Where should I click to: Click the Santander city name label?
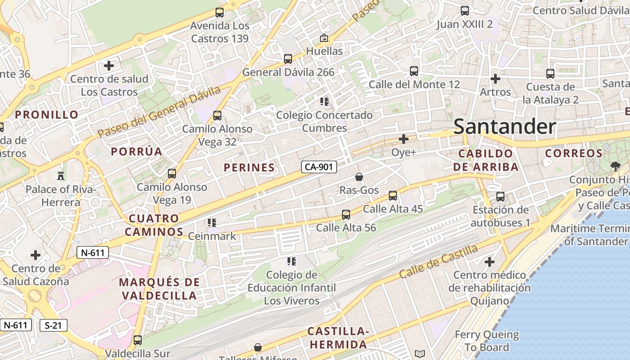pos(504,126)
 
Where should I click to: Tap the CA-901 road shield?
pos(319,167)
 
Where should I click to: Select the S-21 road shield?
pos(54,325)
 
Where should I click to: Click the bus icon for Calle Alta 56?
pos(346,215)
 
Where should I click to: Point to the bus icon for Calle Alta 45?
pos(392,195)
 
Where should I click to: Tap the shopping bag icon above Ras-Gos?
pos(359,177)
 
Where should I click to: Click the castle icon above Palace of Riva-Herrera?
pos(61,175)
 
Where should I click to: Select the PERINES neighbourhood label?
pos(249,168)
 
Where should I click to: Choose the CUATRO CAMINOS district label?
pos(154,225)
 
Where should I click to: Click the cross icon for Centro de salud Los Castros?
pos(108,66)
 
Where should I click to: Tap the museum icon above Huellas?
pos(324,38)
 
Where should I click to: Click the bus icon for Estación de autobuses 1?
pos(500,196)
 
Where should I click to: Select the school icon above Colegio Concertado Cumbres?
pos(324,102)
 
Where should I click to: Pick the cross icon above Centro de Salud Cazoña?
pos(36,255)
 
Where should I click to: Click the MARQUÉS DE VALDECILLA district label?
pos(159,289)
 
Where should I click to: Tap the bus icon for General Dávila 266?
pos(288,58)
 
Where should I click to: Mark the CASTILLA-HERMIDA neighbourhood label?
pos(337,338)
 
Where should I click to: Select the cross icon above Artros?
pos(495,79)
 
